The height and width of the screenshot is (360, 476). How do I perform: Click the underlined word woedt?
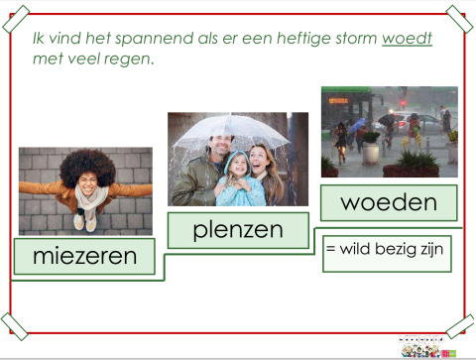(407, 40)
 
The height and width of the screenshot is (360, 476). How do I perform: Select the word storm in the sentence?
(353, 40)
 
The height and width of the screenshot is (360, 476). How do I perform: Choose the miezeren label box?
(84, 256)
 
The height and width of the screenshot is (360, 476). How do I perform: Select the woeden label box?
(388, 202)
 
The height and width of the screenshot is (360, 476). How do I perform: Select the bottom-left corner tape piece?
(16, 323)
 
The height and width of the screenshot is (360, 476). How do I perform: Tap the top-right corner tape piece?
(458, 18)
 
